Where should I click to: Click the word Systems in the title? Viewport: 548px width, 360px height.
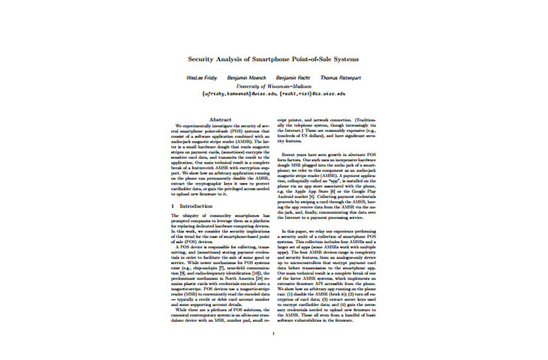click(360, 58)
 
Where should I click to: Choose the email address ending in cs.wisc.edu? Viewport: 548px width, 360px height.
click(315, 94)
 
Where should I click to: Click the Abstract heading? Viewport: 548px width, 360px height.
click(218, 119)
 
